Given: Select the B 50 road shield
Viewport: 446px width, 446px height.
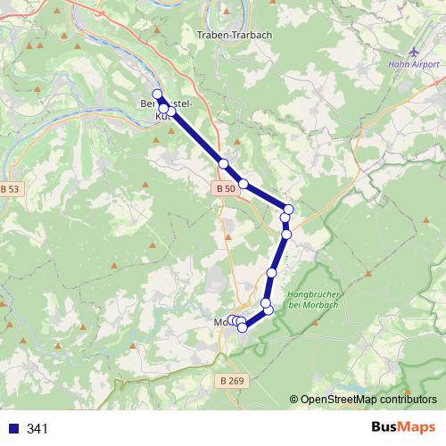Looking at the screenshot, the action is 227,188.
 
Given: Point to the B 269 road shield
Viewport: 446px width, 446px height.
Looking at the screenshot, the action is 231,381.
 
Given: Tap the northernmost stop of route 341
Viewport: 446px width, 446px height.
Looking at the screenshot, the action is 158,95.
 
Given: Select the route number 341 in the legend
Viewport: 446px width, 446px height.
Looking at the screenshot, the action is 37,429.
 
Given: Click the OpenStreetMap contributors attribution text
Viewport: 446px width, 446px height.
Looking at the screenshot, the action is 368,400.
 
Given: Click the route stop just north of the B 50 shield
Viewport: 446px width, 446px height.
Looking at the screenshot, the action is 224,164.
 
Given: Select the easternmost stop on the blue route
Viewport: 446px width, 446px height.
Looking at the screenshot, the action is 288,210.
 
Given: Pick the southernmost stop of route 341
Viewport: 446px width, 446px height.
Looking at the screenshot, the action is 242,328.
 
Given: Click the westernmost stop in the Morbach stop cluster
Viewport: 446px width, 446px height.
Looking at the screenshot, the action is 231,320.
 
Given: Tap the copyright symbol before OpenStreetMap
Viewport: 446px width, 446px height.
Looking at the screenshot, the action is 294,400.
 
